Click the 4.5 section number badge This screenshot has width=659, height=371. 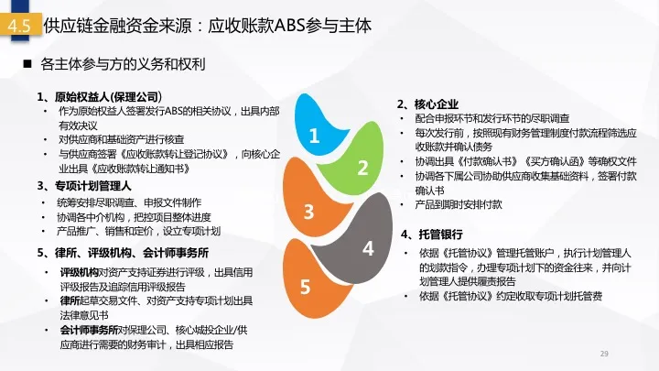[x=20, y=26]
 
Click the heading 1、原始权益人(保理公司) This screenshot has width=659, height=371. [x=100, y=97]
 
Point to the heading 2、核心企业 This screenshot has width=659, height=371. [x=427, y=104]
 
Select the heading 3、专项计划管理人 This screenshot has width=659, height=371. [x=84, y=186]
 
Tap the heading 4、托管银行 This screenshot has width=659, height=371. [x=432, y=235]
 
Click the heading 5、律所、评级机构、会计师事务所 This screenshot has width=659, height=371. [x=123, y=253]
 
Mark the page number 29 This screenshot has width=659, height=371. [x=604, y=354]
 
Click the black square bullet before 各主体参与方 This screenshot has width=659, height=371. [x=27, y=64]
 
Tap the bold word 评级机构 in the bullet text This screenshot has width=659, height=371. [x=79, y=273]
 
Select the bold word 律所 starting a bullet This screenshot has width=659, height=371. [x=70, y=301]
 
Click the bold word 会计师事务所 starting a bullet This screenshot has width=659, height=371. [x=89, y=330]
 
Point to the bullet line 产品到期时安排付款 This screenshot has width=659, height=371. [x=459, y=205]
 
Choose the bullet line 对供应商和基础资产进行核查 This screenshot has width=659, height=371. [x=121, y=139]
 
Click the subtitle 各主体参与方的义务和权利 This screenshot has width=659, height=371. [x=123, y=64]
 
